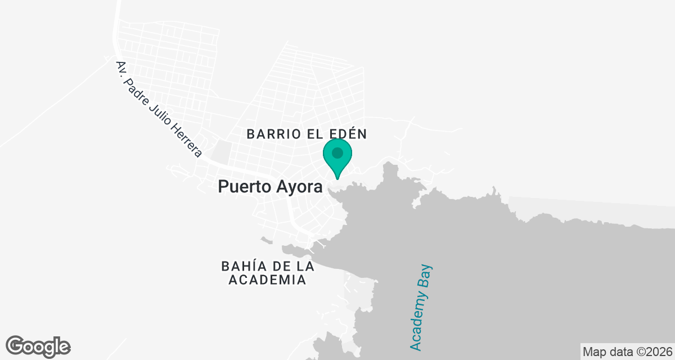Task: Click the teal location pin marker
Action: point(337,157)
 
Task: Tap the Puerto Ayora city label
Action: point(270,186)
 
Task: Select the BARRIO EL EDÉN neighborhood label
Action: point(307,134)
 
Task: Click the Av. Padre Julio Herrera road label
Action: point(159,109)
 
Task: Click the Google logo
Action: point(38,346)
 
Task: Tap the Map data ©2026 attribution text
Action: point(627,352)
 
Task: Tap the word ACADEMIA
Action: point(267,280)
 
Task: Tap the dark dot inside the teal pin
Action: point(337,152)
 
